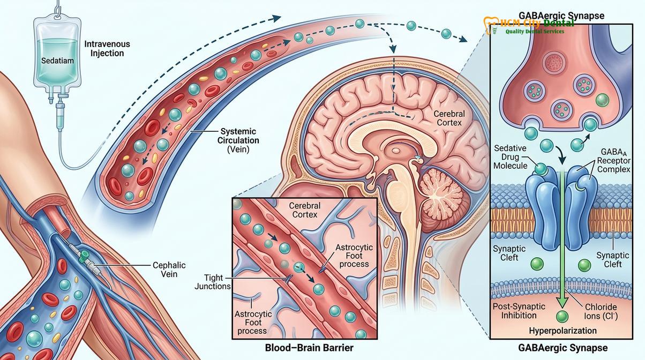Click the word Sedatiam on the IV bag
pos(57,61)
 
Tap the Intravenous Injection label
pos(107,48)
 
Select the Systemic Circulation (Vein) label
pos(238,140)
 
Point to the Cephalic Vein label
pos(169,269)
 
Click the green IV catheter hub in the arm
pos(85,256)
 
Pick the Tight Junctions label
pos(213,282)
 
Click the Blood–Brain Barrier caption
pos(309,348)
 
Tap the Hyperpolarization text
pos(562,331)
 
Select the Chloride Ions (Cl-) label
pos(601,311)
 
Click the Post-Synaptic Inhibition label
pos(519,311)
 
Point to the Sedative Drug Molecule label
pos(510,157)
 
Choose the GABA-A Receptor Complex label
pos(613,161)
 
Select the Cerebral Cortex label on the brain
pos(449,118)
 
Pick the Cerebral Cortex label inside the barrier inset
pos(305,210)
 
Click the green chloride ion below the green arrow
pos(562,316)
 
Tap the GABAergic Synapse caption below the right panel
pos(562,348)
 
